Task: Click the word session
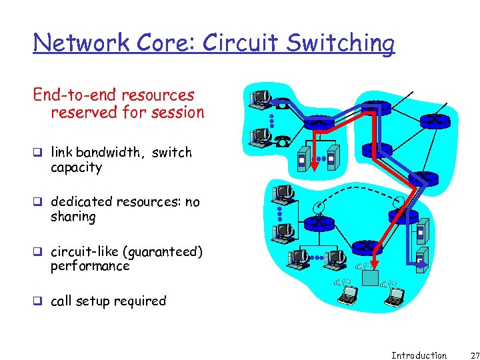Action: tap(177, 112)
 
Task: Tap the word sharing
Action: tap(73, 217)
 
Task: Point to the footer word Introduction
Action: tap(419, 355)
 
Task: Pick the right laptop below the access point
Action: tap(393, 295)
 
